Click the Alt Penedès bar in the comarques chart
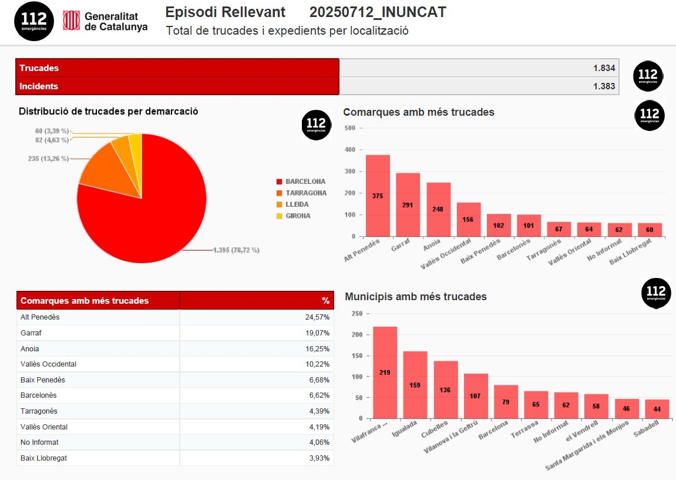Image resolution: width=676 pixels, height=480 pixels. [x=378, y=196]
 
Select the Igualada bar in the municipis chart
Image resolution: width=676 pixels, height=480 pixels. [x=415, y=385]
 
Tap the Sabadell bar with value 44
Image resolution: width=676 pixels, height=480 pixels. [x=657, y=409]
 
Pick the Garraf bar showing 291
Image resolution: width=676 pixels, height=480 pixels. [x=408, y=204]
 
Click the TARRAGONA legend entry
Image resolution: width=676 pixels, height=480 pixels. [x=305, y=193]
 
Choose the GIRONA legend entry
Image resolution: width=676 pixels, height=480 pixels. [x=298, y=216]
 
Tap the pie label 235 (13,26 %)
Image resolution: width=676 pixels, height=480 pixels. [x=48, y=159]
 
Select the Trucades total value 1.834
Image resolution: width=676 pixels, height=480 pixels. [x=604, y=68]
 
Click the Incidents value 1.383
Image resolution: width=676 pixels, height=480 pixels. [x=604, y=86]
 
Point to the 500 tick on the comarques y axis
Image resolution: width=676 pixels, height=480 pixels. [x=349, y=128]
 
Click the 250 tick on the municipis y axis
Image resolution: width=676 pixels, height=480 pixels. [x=357, y=313]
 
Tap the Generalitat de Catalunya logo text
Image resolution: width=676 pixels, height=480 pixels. [x=116, y=22]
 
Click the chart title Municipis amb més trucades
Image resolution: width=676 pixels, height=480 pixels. [x=416, y=297]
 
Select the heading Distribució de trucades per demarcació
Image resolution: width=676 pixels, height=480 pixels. [x=109, y=111]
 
